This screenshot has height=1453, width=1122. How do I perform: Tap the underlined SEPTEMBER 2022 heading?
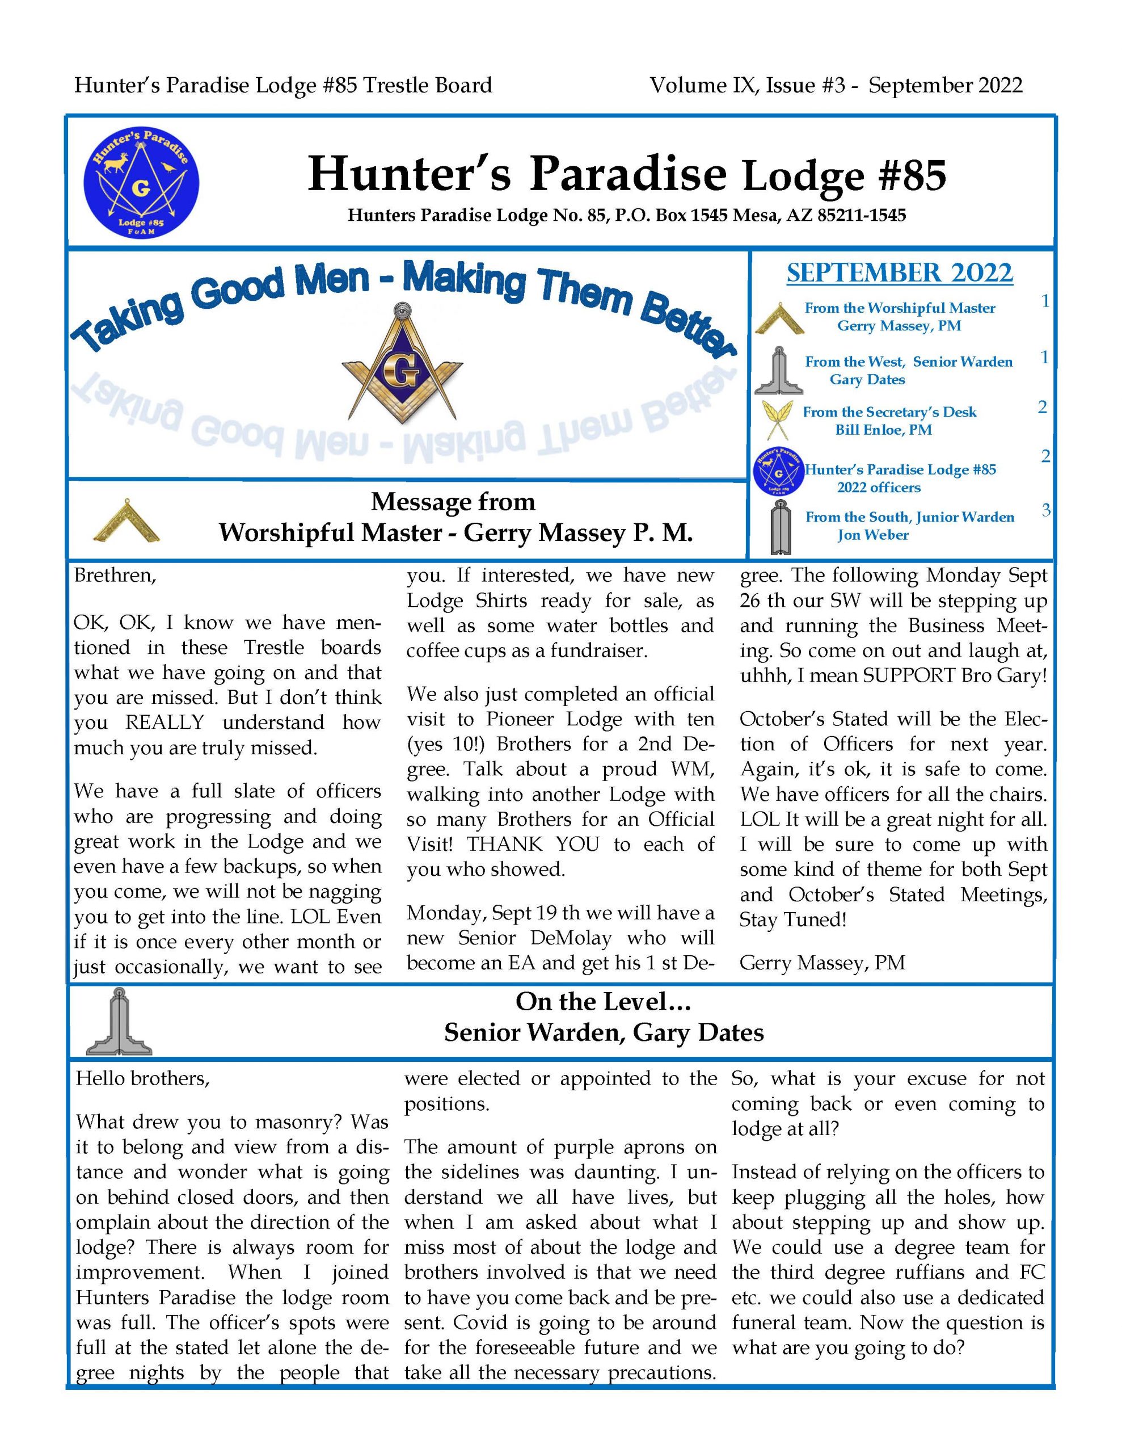899,274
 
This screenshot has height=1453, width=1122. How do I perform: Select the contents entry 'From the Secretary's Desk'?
889,412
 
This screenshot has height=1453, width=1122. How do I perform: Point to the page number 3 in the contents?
1045,510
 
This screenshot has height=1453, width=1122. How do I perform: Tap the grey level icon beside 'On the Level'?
119,1021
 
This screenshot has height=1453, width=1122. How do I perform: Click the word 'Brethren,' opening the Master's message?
115,576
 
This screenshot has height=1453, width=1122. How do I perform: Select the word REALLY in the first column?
165,723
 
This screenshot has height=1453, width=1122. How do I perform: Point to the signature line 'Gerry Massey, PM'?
822,963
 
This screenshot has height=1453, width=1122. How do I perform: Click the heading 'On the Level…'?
603,1001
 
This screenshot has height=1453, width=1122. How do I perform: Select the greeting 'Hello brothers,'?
143,1078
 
